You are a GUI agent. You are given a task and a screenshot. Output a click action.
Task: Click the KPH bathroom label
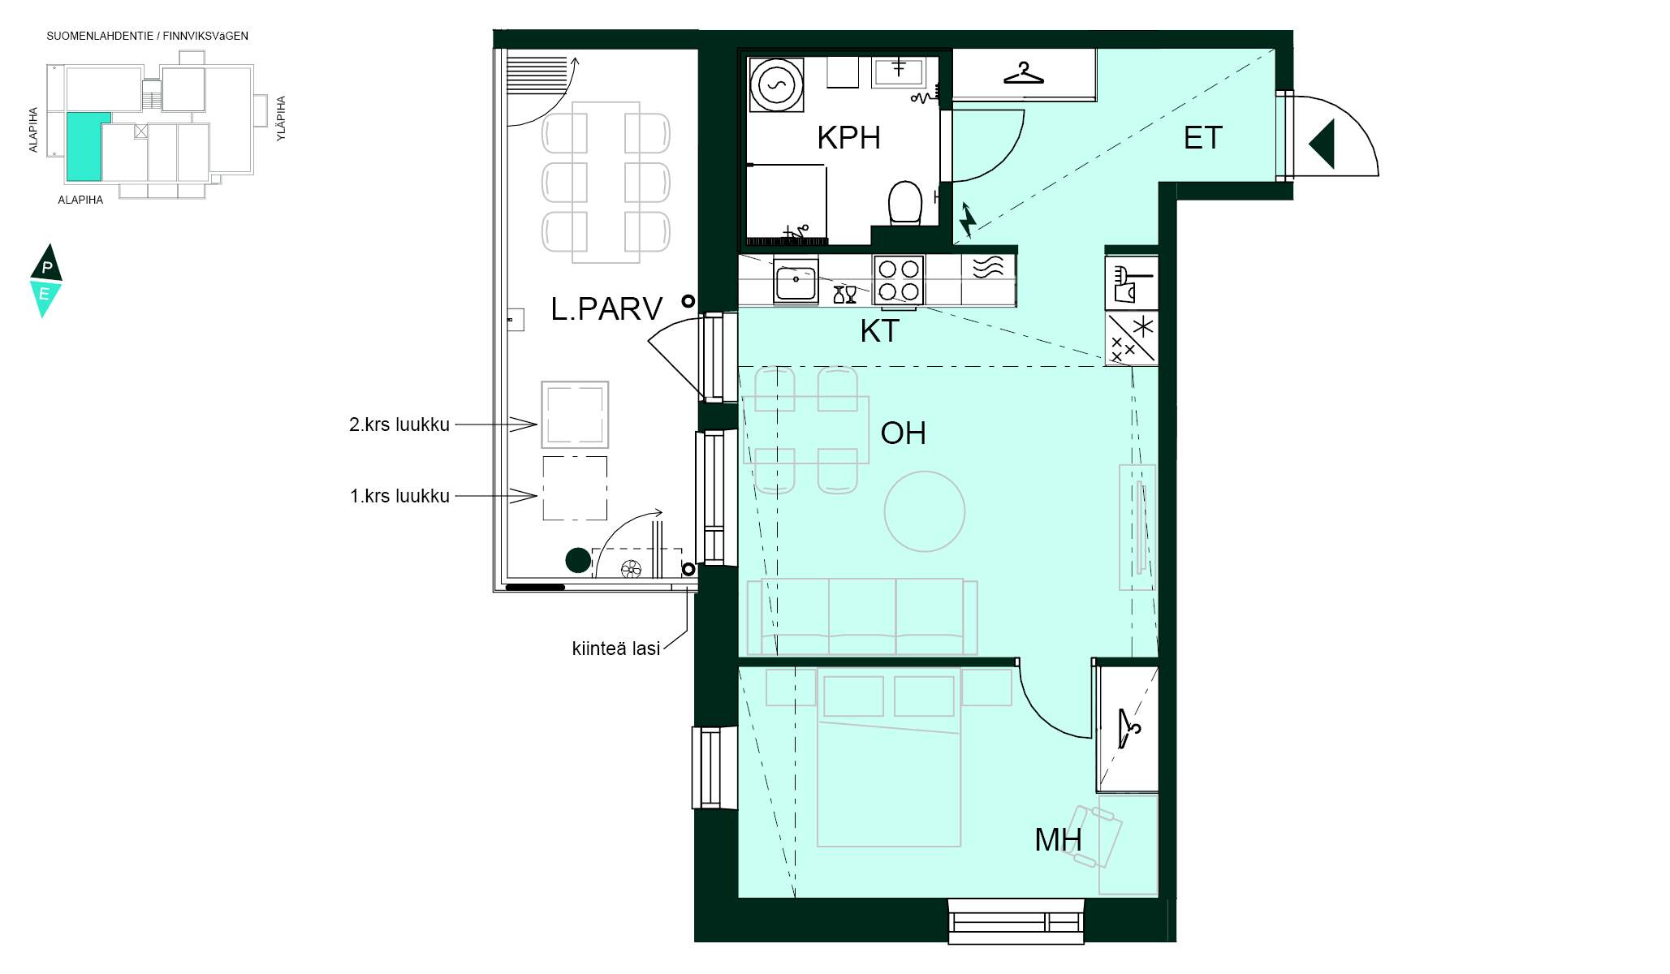tap(848, 138)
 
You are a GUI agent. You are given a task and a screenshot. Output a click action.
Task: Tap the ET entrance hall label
tap(1202, 138)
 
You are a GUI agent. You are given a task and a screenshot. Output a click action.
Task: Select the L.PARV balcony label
tap(606, 309)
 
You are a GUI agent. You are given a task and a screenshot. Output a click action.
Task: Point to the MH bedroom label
tap(1058, 840)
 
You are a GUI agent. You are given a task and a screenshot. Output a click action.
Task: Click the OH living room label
tap(903, 433)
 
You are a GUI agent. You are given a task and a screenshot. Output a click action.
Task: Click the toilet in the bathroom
tap(905, 202)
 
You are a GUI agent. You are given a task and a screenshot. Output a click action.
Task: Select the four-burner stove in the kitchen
tap(899, 280)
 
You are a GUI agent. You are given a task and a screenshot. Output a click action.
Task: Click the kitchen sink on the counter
tap(796, 282)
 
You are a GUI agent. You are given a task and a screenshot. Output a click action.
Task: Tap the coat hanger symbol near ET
tap(1024, 73)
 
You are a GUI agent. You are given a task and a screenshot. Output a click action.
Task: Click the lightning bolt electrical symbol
tap(967, 221)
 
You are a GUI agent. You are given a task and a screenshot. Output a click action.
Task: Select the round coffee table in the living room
tap(925, 511)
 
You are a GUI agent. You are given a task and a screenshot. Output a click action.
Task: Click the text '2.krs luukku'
tap(399, 425)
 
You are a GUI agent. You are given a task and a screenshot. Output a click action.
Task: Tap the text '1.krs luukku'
tap(399, 496)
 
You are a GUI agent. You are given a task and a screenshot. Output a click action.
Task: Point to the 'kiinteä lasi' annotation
tap(616, 649)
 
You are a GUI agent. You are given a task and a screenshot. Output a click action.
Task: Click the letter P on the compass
tap(47, 268)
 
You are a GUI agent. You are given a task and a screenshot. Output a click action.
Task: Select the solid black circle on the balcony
tap(578, 560)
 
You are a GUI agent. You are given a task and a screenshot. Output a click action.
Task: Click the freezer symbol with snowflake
tap(1132, 338)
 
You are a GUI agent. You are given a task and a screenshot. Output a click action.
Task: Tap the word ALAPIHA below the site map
tap(80, 200)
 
